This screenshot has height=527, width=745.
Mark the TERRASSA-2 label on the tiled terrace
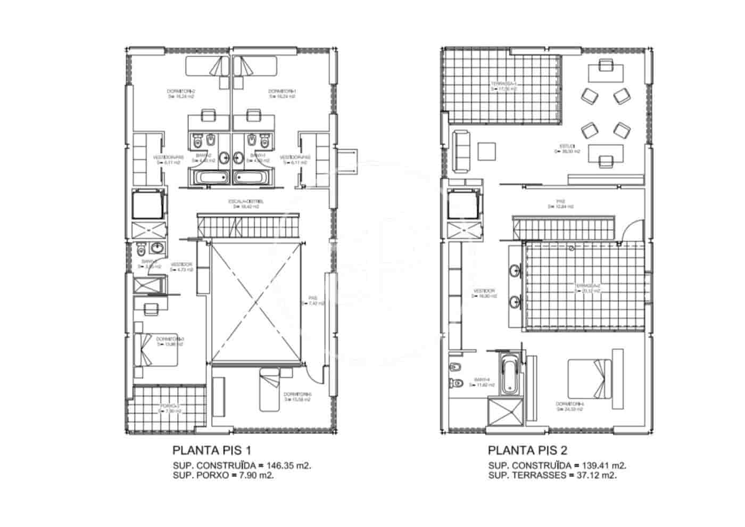(587, 288)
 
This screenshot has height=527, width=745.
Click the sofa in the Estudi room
(461, 151)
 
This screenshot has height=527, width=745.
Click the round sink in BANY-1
(238, 158)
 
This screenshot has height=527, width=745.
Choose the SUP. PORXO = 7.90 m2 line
(223, 475)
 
